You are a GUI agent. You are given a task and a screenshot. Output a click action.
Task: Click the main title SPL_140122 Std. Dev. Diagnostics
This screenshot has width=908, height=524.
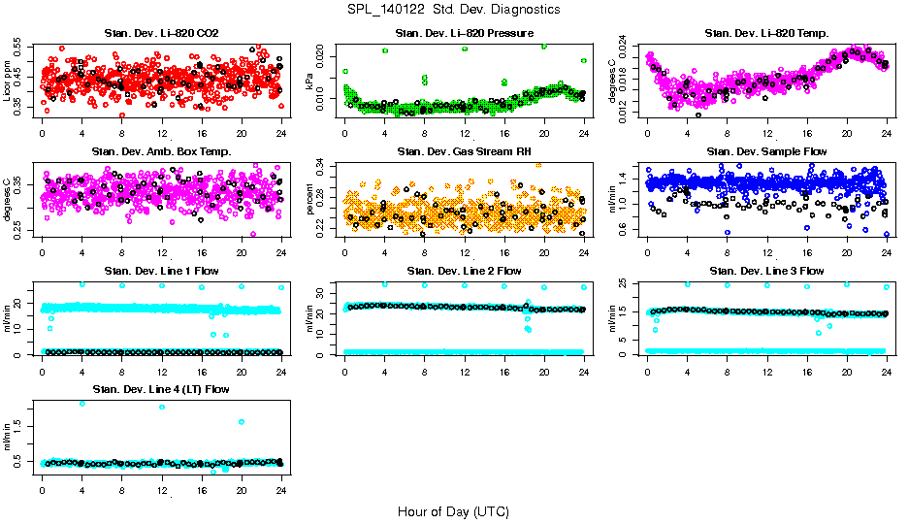(452, 10)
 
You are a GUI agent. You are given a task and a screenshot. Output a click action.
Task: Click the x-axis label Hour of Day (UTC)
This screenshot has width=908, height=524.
(452, 510)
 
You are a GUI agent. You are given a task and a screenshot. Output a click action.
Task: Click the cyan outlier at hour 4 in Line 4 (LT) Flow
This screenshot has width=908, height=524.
(82, 403)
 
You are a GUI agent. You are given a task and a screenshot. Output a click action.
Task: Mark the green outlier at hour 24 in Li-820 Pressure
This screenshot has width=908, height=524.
(584, 60)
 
